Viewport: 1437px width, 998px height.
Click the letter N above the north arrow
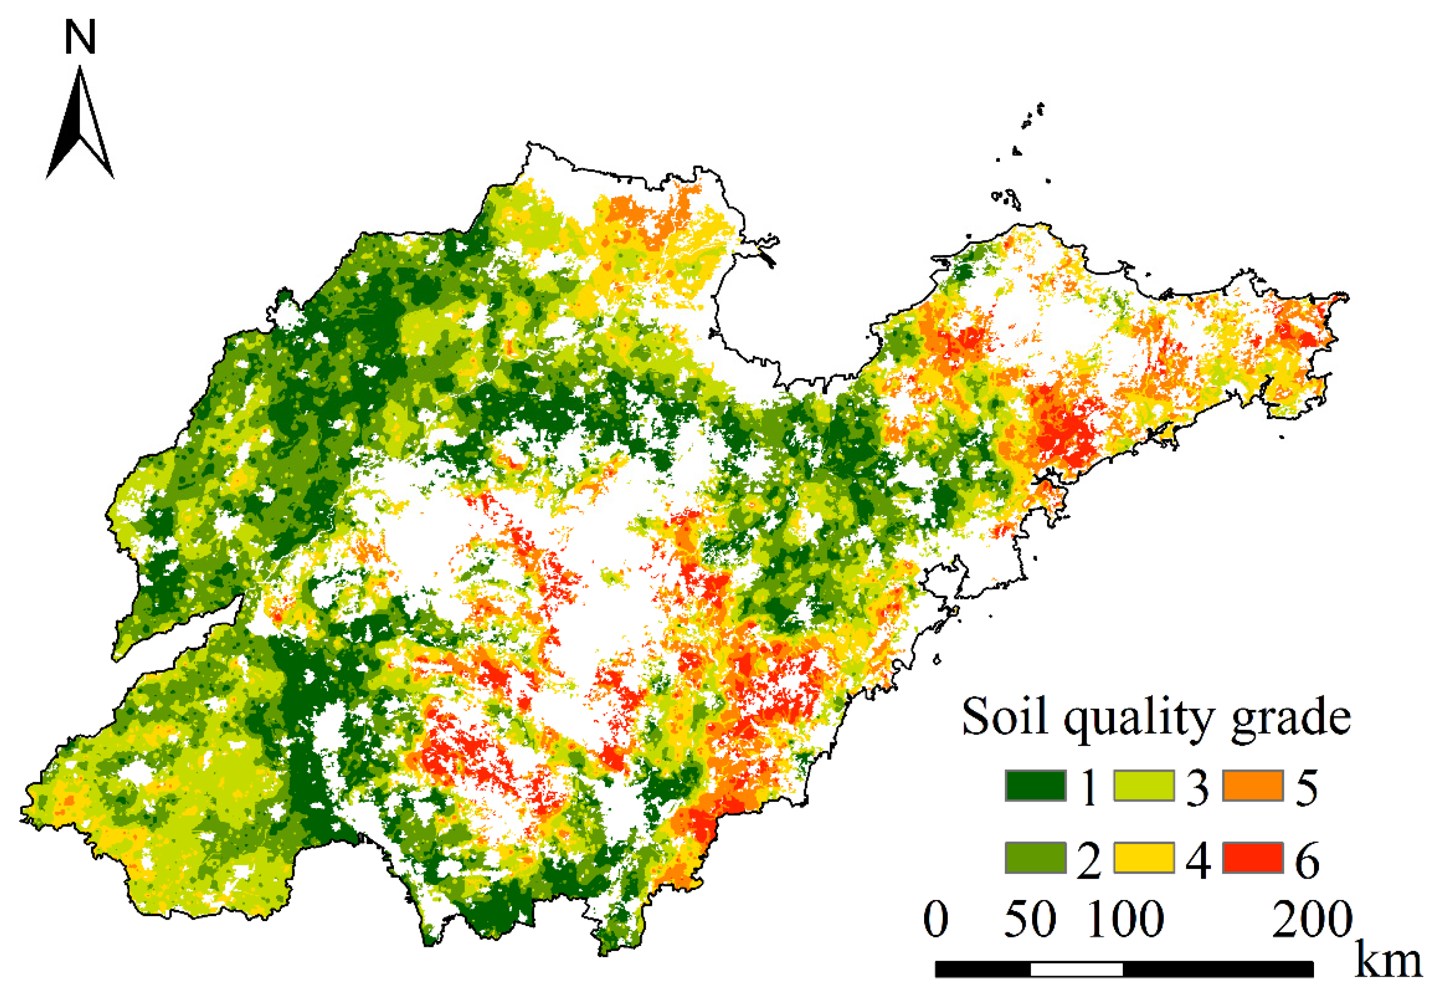[80, 37]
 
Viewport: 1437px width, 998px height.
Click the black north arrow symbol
[79, 125]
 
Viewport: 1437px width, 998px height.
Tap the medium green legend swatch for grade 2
[1035, 857]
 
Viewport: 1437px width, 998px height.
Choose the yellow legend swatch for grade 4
[1143, 857]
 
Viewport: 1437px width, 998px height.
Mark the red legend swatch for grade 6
[1253, 857]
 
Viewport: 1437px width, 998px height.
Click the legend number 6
[1307, 861]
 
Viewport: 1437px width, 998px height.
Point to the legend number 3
[1197, 788]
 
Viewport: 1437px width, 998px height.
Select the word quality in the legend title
[1138, 719]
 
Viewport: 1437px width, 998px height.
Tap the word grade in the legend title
[1290, 719]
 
